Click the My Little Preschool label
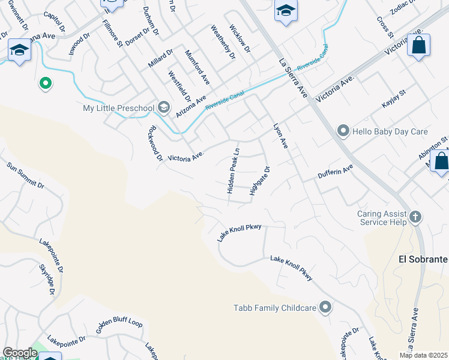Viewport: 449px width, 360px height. [x=118, y=108]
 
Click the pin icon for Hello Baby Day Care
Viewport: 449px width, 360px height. [x=343, y=130]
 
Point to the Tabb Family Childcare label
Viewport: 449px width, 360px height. [x=275, y=308]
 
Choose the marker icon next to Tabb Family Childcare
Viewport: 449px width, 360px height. [x=325, y=308]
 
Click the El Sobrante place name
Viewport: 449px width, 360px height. [x=423, y=259]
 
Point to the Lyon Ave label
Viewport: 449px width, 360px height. [x=281, y=136]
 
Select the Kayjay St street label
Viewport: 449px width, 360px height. [x=394, y=100]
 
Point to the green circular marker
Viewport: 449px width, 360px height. [x=44, y=84]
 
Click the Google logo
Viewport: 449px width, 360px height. [x=20, y=353]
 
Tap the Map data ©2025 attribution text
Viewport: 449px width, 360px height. [x=423, y=355]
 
